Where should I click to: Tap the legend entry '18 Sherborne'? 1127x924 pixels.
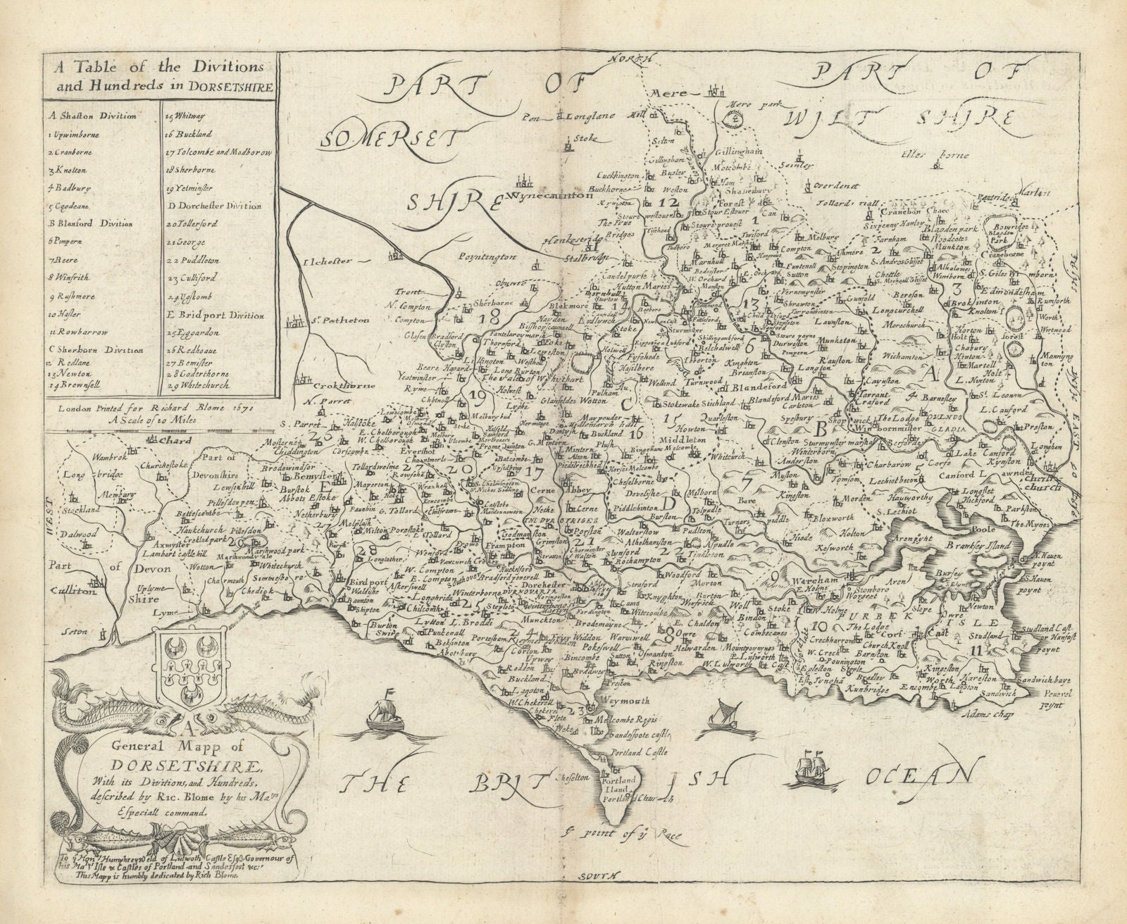pos(185,170)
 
